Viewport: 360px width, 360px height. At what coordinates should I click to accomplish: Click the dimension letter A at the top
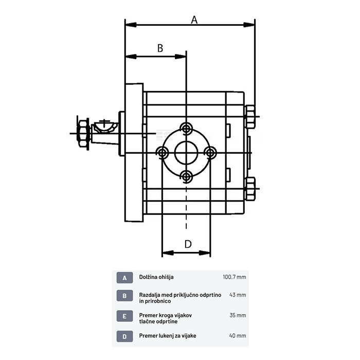pyautogui.click(x=194, y=20)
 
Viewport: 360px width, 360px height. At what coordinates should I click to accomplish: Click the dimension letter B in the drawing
pyautogui.click(x=160, y=48)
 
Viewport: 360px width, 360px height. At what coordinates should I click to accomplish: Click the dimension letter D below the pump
pyautogui.click(x=188, y=244)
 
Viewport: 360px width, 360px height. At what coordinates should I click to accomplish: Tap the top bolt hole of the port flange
pyautogui.click(x=187, y=128)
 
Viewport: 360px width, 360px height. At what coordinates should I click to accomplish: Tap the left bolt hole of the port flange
pyautogui.click(x=163, y=152)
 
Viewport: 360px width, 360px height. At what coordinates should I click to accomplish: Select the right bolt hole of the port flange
pyautogui.click(x=210, y=152)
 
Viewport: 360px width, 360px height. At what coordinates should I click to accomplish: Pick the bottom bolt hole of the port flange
pyautogui.click(x=187, y=176)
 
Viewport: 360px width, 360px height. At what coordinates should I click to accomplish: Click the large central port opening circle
pyautogui.click(x=186, y=152)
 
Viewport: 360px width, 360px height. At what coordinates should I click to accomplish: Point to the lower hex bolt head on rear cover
pyautogui.click(x=250, y=188)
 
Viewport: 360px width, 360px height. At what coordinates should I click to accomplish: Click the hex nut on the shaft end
pyautogui.click(x=81, y=134)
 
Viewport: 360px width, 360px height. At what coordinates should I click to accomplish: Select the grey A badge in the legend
pyautogui.click(x=124, y=277)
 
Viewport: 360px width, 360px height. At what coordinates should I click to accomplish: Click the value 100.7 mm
pyautogui.click(x=234, y=277)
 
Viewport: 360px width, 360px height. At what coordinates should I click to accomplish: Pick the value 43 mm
pyautogui.click(x=238, y=295)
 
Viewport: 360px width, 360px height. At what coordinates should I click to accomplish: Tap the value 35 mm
pyautogui.click(x=238, y=315)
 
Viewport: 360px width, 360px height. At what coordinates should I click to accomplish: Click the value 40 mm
pyautogui.click(x=238, y=336)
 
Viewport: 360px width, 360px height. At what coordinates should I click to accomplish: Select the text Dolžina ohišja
pyautogui.click(x=156, y=277)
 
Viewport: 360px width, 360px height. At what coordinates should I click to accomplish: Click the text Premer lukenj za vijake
pyautogui.click(x=168, y=336)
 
